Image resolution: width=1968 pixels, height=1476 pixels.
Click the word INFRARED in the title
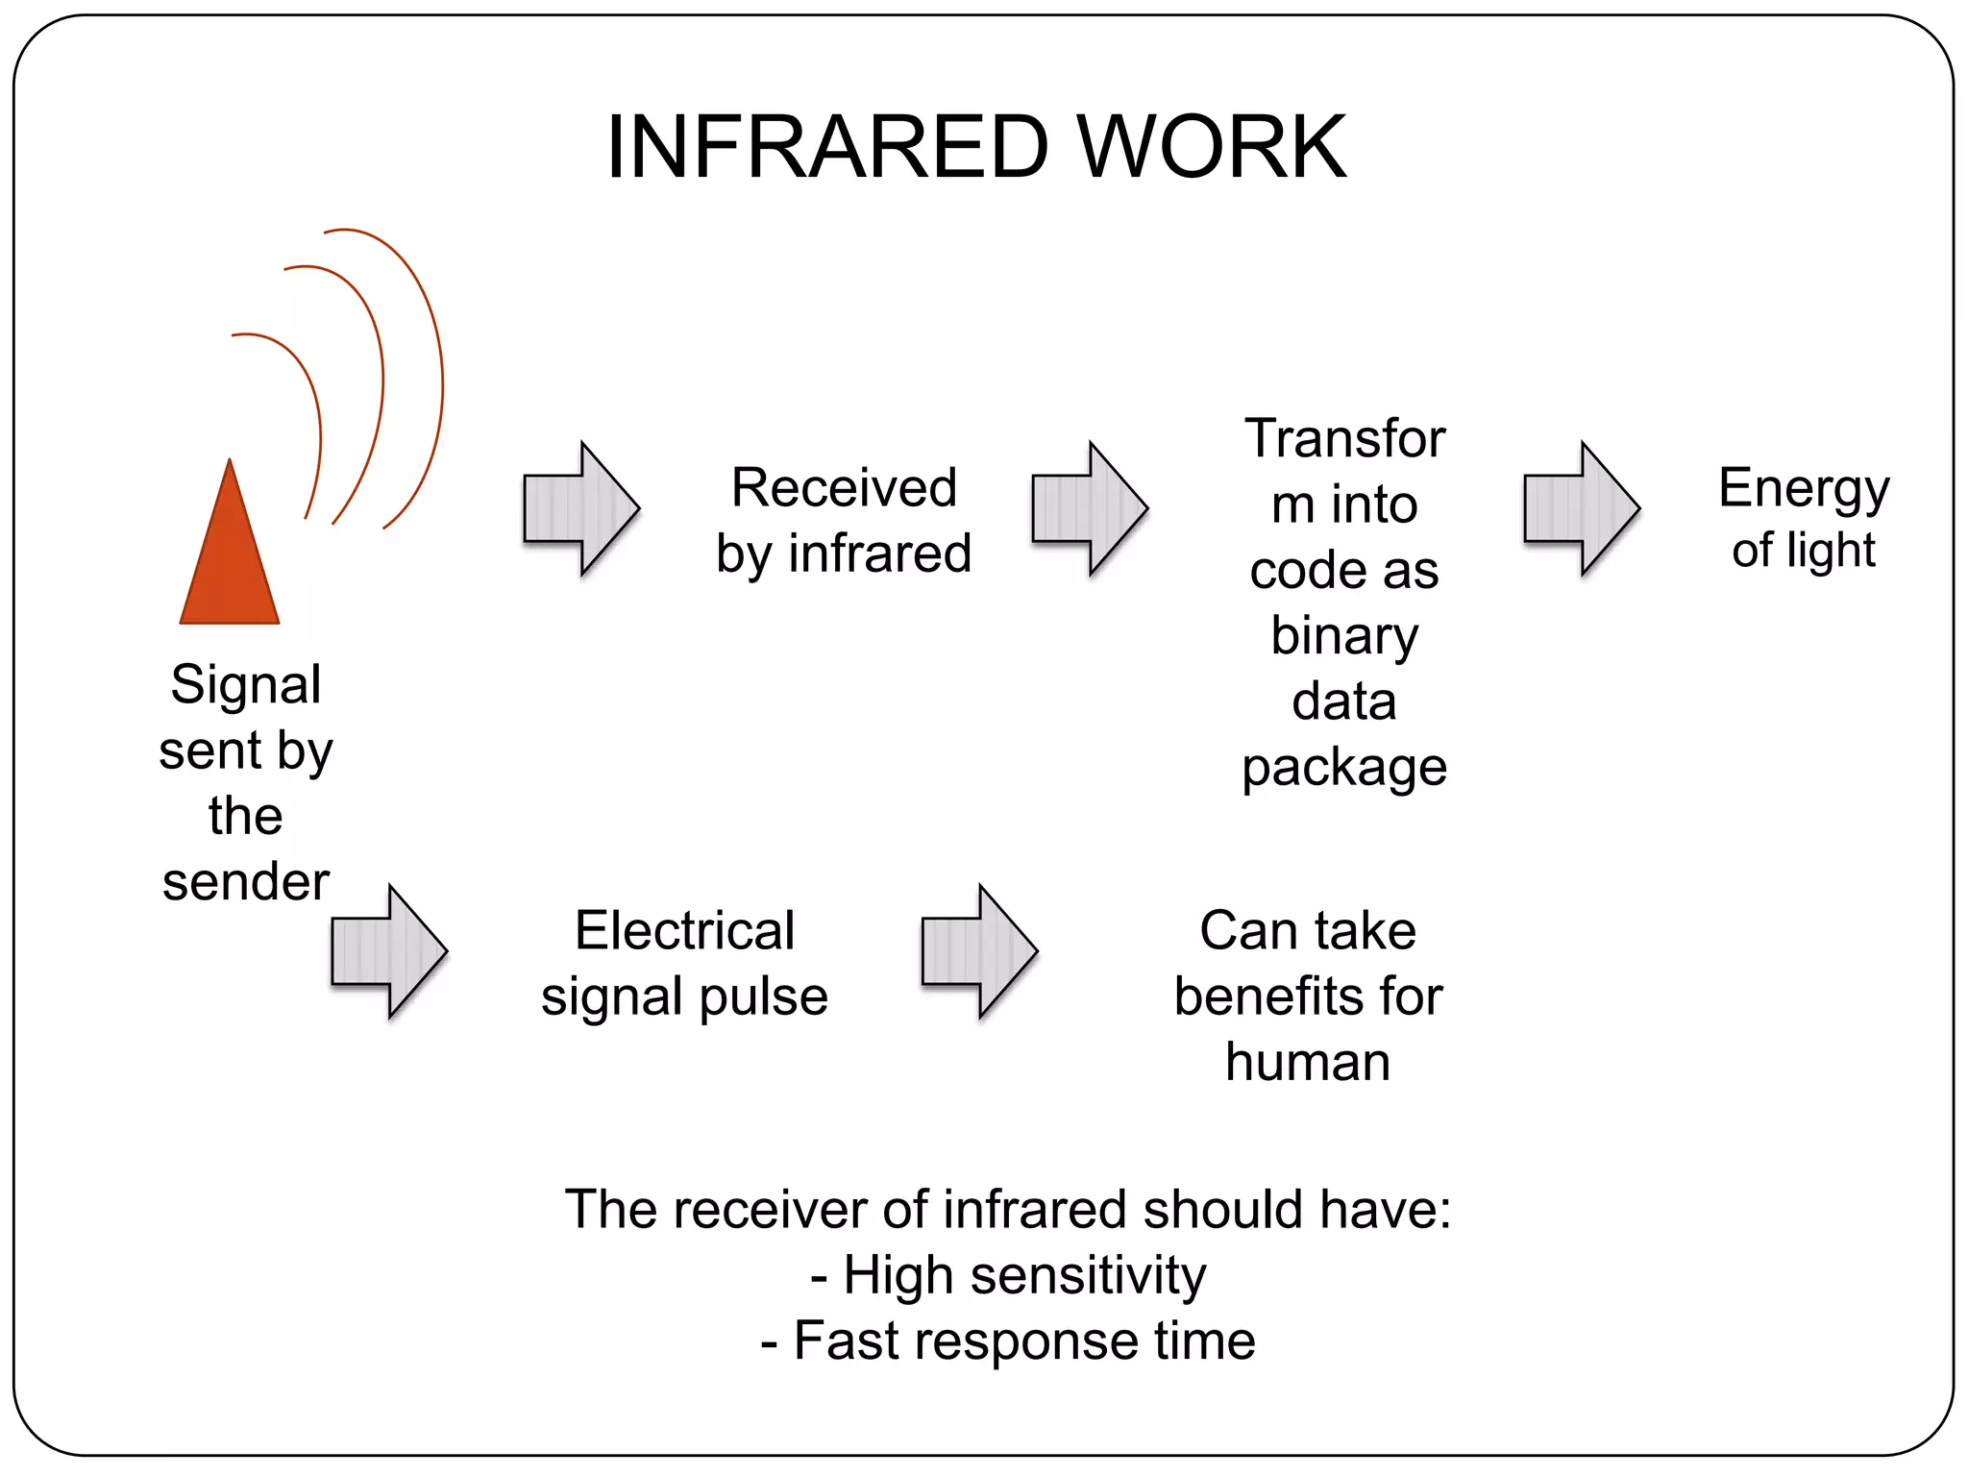click(x=826, y=147)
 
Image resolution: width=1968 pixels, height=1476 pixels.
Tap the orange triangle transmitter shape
click(x=230, y=567)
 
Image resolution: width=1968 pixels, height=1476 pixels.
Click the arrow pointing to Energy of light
click(x=1582, y=508)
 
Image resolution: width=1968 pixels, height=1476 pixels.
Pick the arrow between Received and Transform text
click(x=1090, y=508)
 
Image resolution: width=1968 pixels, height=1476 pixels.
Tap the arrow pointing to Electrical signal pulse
click(x=389, y=951)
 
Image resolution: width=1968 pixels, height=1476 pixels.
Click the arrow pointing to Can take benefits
click(x=979, y=951)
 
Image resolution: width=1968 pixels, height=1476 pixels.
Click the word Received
click(x=844, y=487)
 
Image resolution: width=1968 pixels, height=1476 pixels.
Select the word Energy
click(x=1804, y=489)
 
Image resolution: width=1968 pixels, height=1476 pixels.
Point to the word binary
click(x=1343, y=636)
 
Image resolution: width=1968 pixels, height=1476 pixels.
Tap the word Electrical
click(x=684, y=930)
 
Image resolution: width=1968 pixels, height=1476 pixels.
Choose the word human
click(x=1308, y=1062)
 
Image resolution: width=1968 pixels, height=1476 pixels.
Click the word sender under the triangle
click(x=246, y=881)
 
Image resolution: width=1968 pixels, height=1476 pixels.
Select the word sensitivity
click(x=1087, y=1276)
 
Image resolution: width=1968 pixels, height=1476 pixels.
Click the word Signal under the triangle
click(x=246, y=686)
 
